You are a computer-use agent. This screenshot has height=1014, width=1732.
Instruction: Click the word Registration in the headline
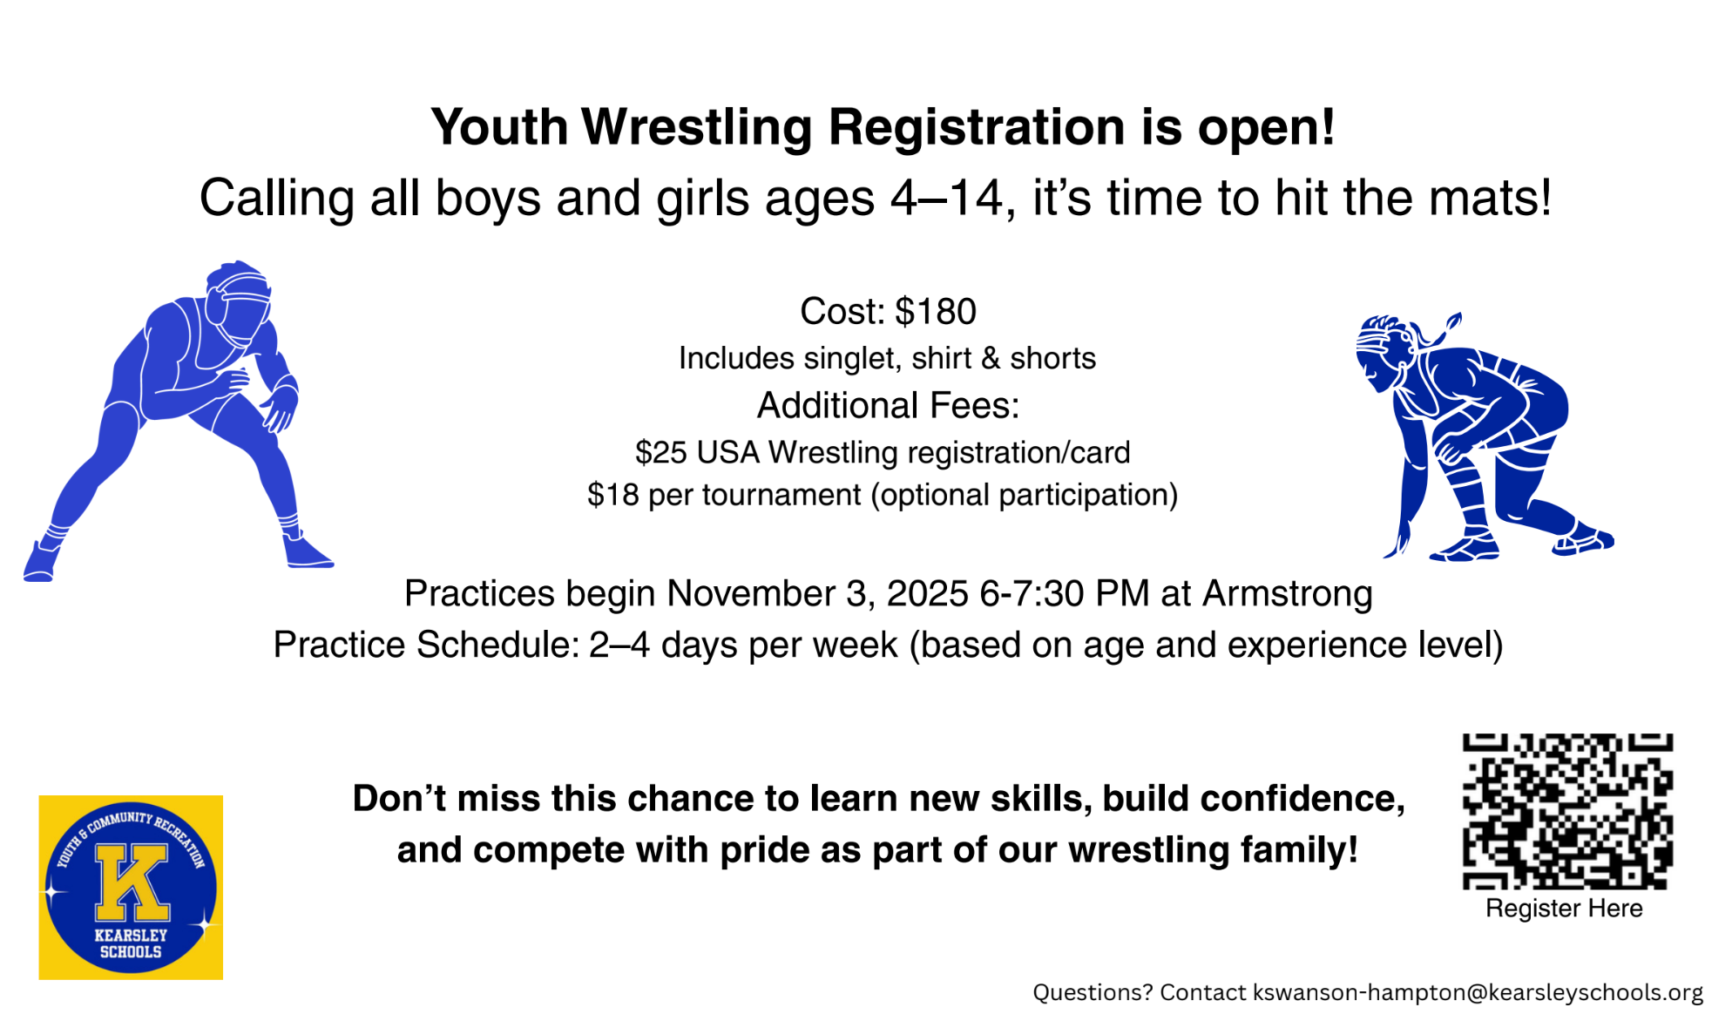click(976, 127)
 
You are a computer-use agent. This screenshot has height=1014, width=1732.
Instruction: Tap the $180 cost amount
click(935, 312)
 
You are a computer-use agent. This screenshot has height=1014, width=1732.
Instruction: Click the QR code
click(1566, 810)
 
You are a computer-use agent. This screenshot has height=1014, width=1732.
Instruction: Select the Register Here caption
click(1564, 909)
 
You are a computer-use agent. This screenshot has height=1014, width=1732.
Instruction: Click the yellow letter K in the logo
click(131, 882)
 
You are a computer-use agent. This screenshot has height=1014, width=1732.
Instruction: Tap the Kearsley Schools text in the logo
click(131, 943)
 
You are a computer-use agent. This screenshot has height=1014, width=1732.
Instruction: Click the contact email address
click(1478, 992)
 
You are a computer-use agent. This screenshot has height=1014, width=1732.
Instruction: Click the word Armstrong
click(1287, 594)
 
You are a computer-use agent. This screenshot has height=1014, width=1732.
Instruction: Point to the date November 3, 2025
click(817, 594)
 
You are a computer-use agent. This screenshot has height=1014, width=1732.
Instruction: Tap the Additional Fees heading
click(887, 406)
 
